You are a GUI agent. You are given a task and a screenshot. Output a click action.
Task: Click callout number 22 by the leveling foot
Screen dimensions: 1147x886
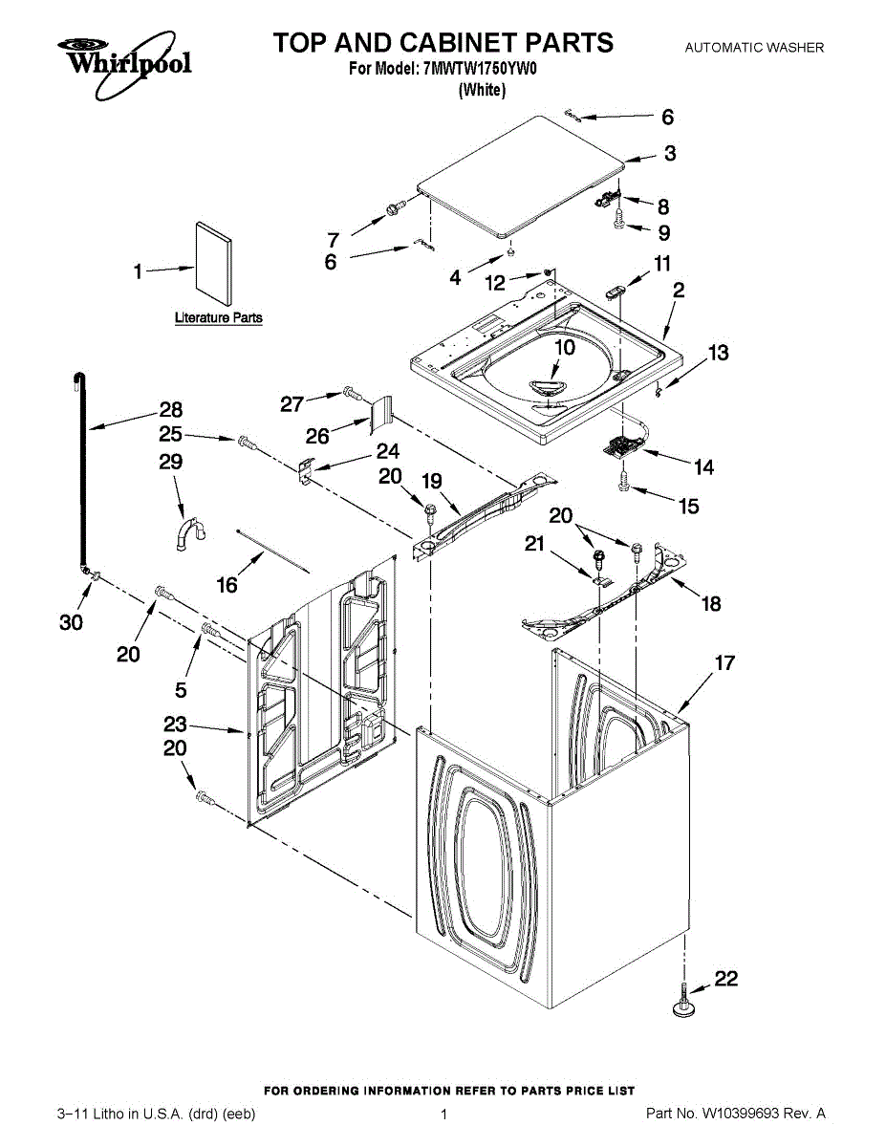(726, 979)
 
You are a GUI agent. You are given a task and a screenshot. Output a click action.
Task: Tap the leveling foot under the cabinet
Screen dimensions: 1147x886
(684, 1000)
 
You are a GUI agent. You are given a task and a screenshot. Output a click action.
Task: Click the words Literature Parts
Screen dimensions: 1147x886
(218, 317)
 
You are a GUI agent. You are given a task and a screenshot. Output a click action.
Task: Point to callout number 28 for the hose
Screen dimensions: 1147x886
(170, 410)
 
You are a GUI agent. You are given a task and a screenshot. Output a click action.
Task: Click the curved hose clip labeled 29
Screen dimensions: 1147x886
(187, 532)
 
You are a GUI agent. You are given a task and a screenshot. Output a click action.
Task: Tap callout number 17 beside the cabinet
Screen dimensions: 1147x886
(724, 661)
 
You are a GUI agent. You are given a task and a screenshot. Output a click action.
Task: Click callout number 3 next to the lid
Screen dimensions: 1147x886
(670, 153)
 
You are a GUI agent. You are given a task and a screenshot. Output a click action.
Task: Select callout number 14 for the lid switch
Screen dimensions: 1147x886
(703, 467)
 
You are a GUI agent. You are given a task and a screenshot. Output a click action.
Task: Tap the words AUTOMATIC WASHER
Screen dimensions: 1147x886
(754, 47)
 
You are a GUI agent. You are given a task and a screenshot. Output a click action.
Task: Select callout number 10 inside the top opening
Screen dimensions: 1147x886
(565, 347)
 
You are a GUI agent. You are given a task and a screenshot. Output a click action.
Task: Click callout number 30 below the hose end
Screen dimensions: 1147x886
(71, 622)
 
